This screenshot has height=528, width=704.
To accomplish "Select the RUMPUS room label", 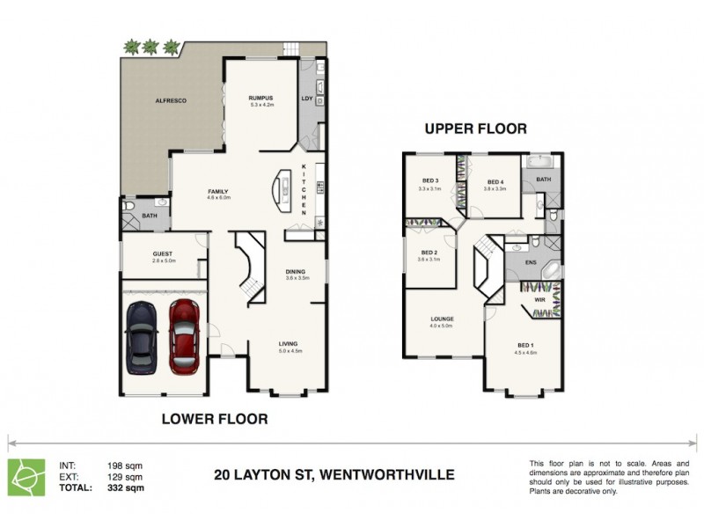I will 261,98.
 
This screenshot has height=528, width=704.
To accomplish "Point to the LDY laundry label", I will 307,99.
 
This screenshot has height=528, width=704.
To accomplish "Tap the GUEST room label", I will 164,253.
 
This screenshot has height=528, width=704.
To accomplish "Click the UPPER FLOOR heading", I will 475,128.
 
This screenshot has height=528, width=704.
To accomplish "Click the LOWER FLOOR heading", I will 215,419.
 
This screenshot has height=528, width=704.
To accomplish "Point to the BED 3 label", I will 429,181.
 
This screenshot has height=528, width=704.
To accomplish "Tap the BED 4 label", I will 495,181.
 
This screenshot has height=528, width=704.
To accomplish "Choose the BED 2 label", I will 429,252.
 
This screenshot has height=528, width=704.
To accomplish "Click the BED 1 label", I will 524,344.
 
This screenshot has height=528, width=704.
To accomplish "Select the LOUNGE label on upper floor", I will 441,319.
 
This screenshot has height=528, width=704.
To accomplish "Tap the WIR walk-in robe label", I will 540,300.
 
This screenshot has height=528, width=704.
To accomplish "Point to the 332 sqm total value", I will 123,487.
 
